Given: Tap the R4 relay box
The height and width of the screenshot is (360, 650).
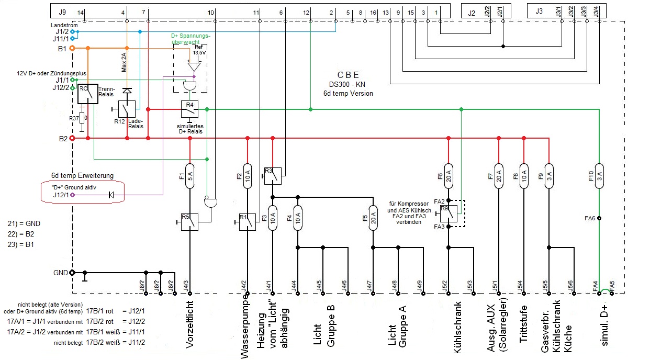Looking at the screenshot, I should (189, 108).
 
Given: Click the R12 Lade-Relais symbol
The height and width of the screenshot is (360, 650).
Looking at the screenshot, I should (126, 108).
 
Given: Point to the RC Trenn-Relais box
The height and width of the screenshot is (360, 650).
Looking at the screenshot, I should (87, 94).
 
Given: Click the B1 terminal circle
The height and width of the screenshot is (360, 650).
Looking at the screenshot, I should (72, 48).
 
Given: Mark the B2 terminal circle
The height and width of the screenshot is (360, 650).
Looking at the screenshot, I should (72, 138).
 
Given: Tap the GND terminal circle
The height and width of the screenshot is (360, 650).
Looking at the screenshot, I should (72, 273).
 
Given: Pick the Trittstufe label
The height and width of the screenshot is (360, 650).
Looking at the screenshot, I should (523, 323).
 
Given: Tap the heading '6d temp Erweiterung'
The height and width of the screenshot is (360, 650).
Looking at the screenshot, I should (82, 175).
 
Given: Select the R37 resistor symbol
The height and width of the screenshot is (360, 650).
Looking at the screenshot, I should (82, 119).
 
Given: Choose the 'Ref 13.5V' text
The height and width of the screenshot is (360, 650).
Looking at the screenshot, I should (199, 50).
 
